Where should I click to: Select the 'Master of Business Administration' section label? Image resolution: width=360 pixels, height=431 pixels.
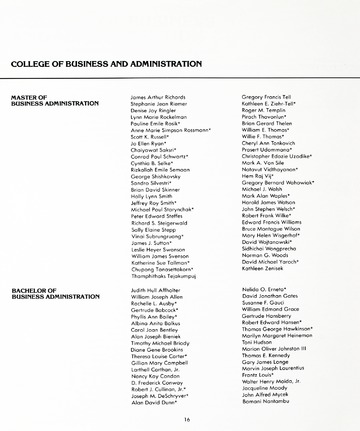pyautogui.click(x=47, y=100)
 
